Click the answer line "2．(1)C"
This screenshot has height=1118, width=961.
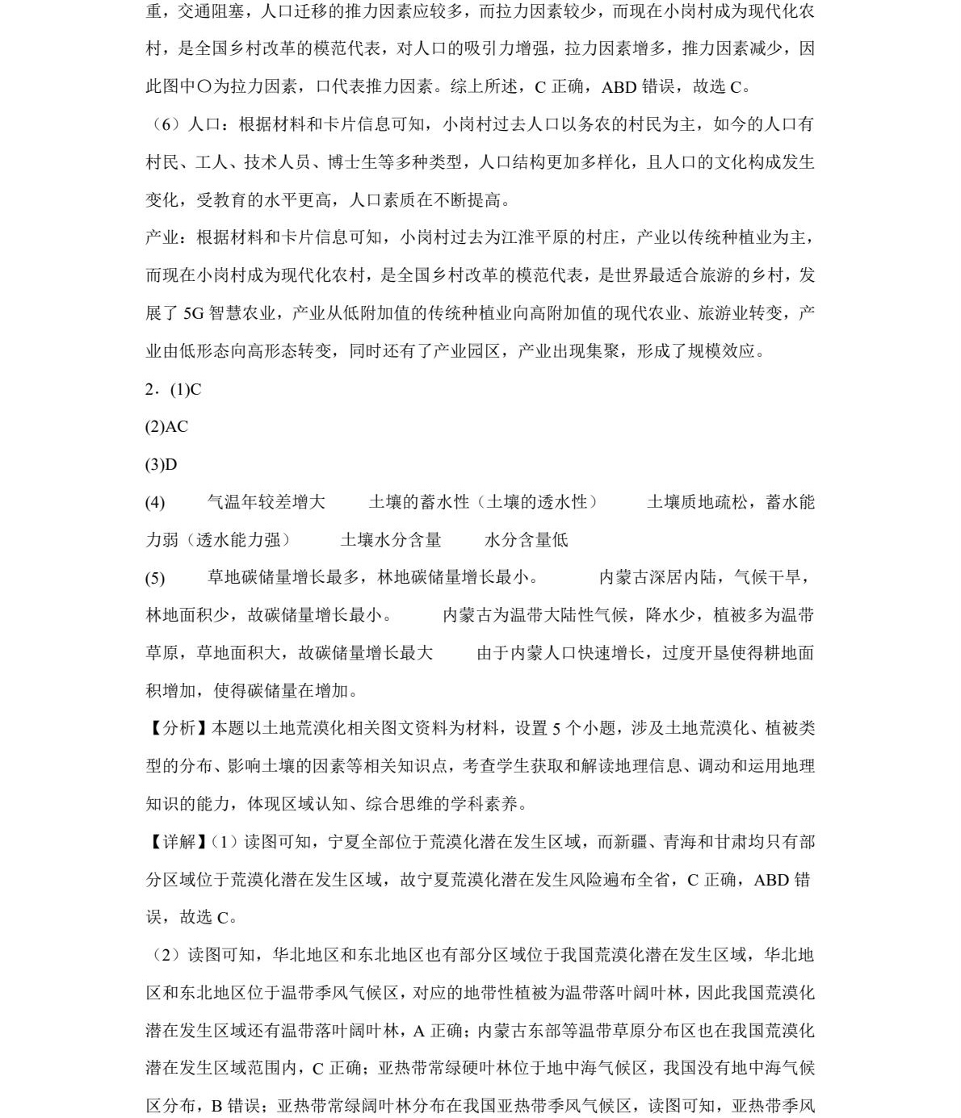pos(173,389)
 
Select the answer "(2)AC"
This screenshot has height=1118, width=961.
pos(166,427)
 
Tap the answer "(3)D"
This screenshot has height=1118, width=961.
pos(161,465)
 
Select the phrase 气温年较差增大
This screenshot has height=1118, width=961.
pos(266,502)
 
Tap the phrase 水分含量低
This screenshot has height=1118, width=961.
pos(526,540)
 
